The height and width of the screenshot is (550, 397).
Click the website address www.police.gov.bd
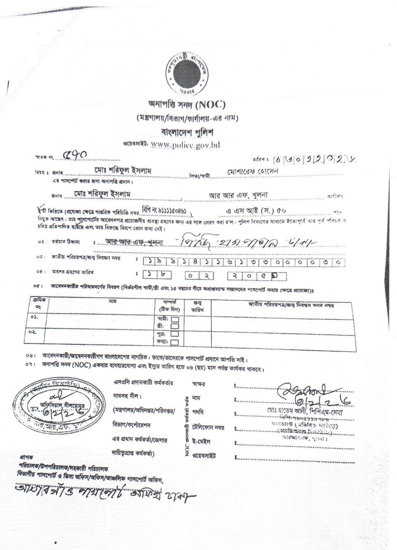click(x=185, y=145)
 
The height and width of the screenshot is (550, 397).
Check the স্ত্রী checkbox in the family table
click(x=175, y=326)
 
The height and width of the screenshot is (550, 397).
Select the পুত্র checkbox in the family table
click(x=175, y=334)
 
